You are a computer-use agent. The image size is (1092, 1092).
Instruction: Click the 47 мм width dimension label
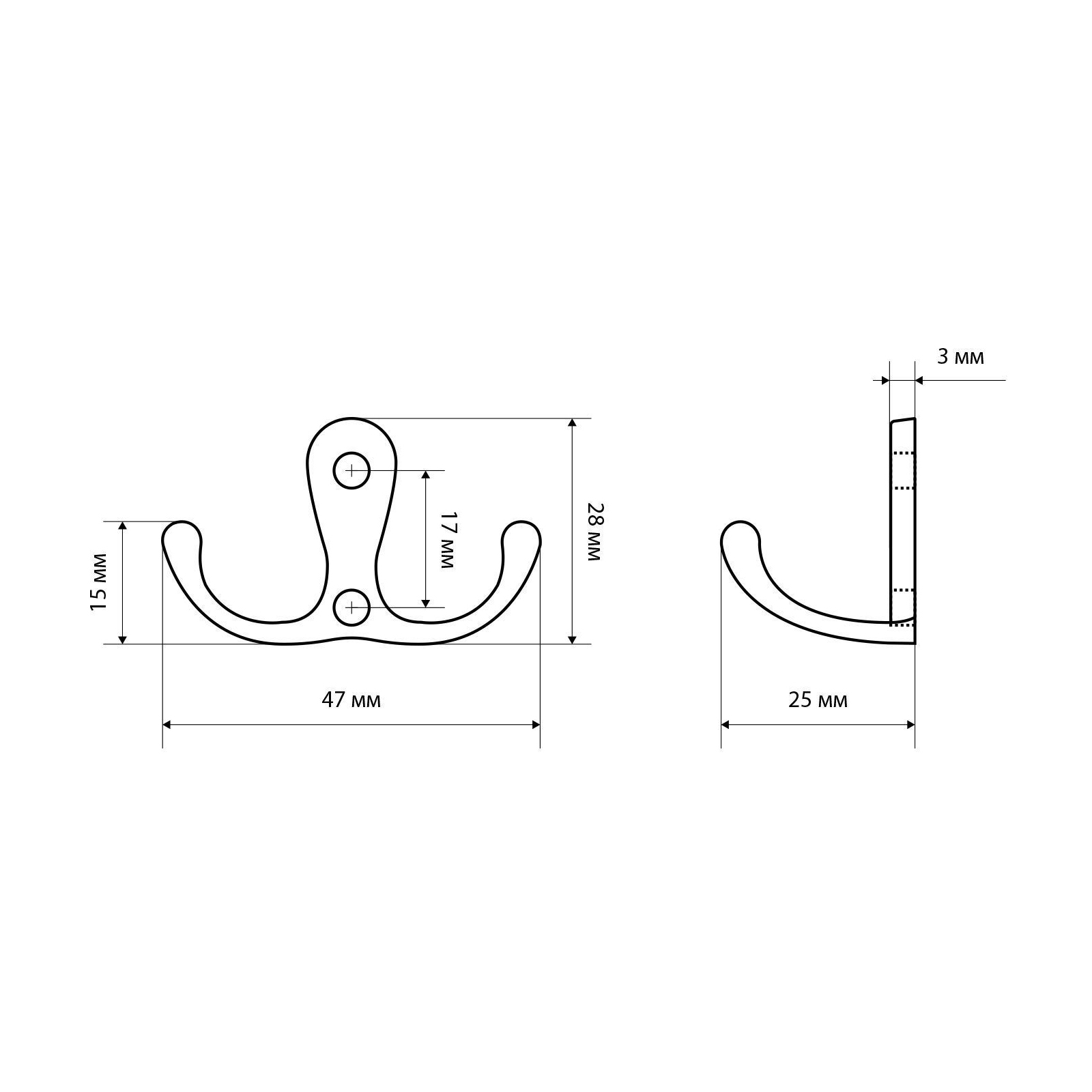click(351, 700)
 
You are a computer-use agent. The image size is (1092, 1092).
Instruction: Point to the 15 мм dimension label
click(99, 581)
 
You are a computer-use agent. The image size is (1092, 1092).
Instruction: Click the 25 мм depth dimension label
click(818, 700)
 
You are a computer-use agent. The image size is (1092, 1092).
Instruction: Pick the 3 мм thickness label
click(960, 356)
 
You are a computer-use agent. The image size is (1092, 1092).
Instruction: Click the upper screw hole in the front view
click(351, 470)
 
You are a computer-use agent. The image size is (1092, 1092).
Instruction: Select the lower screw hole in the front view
click(351, 606)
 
